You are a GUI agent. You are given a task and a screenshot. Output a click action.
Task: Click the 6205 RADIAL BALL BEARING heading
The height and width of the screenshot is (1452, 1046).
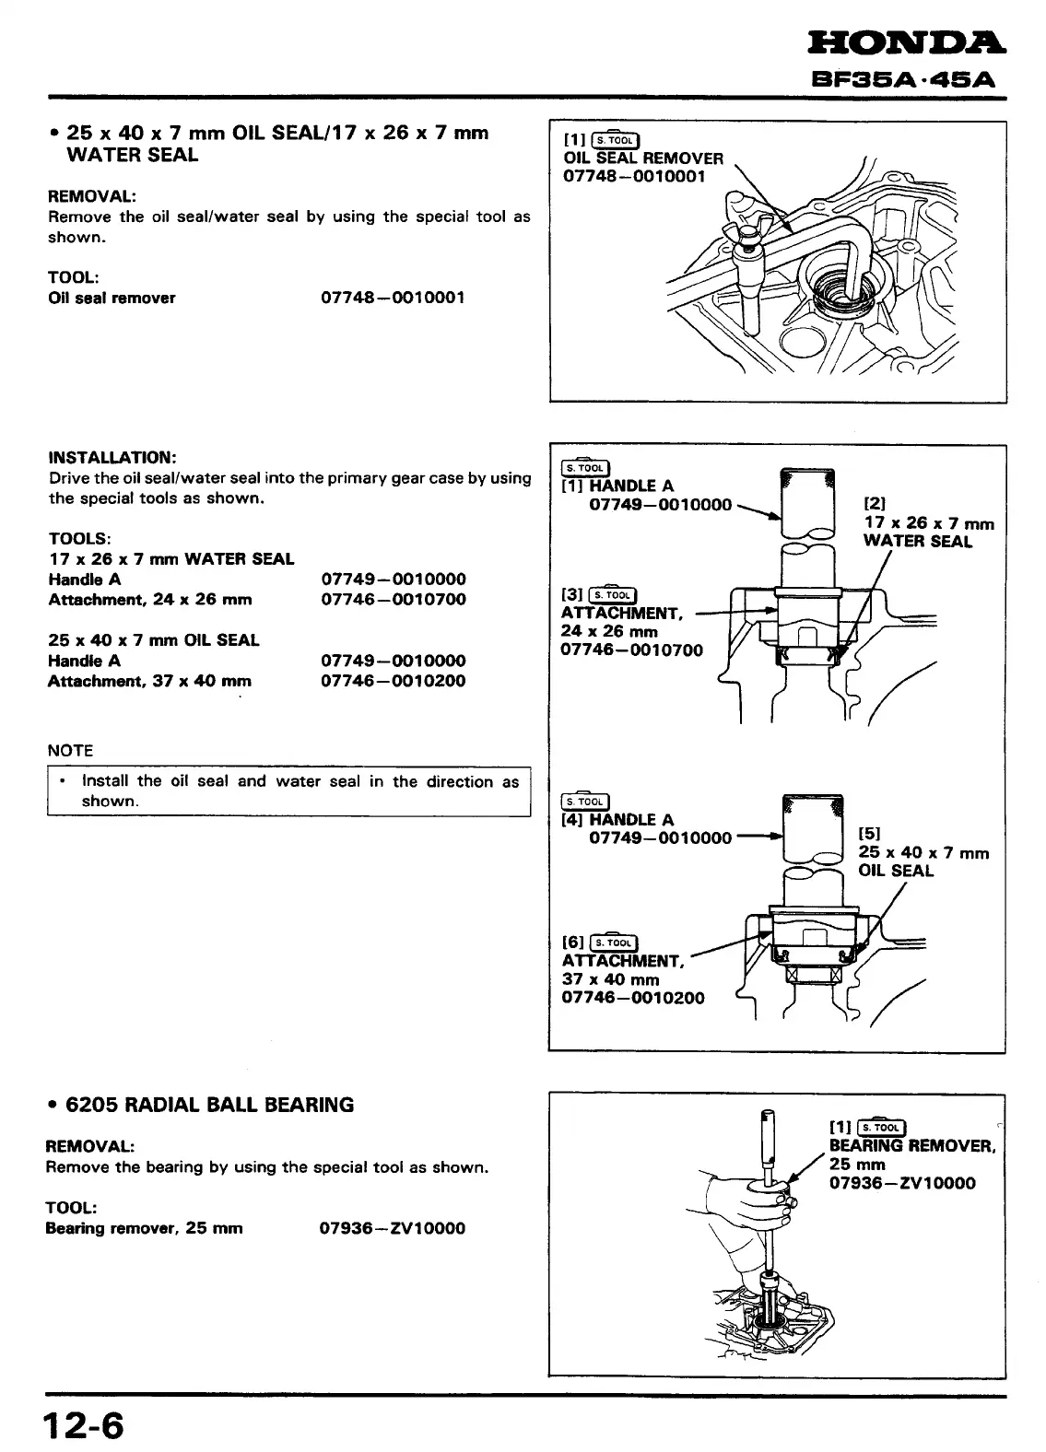[x=209, y=1105]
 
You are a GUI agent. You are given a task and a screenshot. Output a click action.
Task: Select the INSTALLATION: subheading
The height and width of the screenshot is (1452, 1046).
[x=112, y=458]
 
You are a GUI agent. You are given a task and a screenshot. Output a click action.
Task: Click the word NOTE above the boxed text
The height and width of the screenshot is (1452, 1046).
[x=70, y=751]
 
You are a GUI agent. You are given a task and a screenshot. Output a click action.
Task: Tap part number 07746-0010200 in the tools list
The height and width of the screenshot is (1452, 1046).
[x=393, y=681]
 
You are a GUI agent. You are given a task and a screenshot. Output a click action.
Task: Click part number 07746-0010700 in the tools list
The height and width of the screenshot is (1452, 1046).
[x=393, y=600]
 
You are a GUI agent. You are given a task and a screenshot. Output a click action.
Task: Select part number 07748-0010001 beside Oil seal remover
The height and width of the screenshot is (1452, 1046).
[x=393, y=298]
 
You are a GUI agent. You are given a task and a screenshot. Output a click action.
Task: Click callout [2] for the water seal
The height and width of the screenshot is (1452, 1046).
[x=875, y=504]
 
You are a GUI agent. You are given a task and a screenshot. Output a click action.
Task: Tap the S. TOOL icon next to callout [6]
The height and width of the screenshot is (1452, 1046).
[x=613, y=942]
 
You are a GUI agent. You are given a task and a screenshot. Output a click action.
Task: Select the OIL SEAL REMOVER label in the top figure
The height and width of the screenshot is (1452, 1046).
[x=643, y=158]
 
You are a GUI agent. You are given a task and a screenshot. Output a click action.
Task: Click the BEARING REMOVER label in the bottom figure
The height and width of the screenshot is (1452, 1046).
[x=911, y=1146]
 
